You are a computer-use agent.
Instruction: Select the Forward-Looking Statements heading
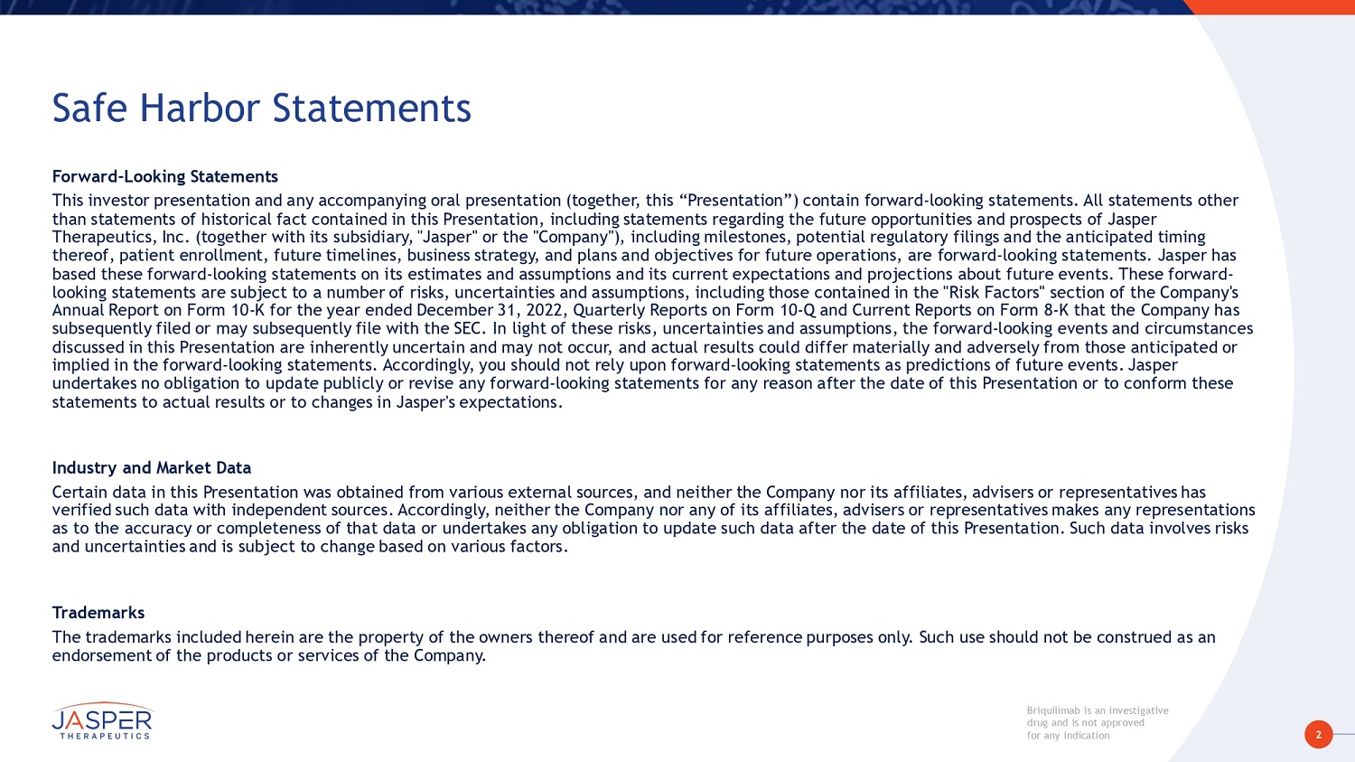click(164, 176)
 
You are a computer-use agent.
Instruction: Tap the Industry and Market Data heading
click(151, 467)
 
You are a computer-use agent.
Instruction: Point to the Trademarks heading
click(98, 613)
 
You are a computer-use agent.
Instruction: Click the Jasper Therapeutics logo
click(102, 721)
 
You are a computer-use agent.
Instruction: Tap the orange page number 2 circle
click(1318, 734)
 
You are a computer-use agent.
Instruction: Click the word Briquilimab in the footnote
click(1053, 710)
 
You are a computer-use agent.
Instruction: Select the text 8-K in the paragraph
click(1056, 310)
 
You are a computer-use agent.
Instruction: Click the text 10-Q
click(797, 310)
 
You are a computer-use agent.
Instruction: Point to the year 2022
click(544, 310)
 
